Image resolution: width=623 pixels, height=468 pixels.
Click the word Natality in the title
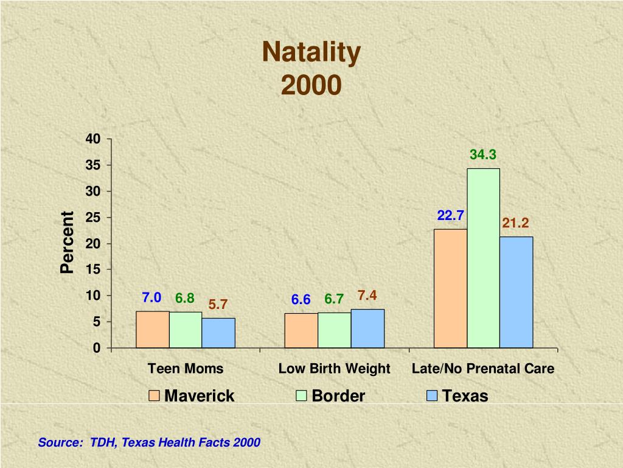(x=311, y=53)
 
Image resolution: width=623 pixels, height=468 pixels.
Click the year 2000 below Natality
(x=311, y=86)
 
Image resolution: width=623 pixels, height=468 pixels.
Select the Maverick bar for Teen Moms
(x=152, y=330)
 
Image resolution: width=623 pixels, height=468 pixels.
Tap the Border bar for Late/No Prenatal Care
(x=483, y=258)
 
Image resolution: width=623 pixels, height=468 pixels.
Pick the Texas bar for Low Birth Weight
(x=367, y=328)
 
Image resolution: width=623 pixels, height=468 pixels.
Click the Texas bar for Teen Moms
(x=218, y=333)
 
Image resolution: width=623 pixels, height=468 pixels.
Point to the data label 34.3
(x=483, y=155)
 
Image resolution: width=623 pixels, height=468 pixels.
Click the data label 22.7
(x=450, y=216)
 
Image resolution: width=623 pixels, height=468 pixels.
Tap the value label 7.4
(x=367, y=296)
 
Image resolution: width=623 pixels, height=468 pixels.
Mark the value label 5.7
(x=218, y=304)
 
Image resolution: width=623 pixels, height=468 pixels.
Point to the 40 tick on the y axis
(x=93, y=139)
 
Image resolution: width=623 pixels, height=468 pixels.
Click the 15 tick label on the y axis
(x=93, y=269)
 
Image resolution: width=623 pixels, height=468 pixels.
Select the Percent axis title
(x=67, y=243)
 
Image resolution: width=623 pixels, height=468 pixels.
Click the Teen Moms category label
(x=186, y=369)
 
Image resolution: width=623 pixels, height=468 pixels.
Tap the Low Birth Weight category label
(x=334, y=369)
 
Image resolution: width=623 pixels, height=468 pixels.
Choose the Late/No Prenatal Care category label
(x=483, y=369)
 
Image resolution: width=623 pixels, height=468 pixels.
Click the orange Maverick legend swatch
(x=154, y=396)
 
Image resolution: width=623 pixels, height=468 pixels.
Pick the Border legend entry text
(x=338, y=396)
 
